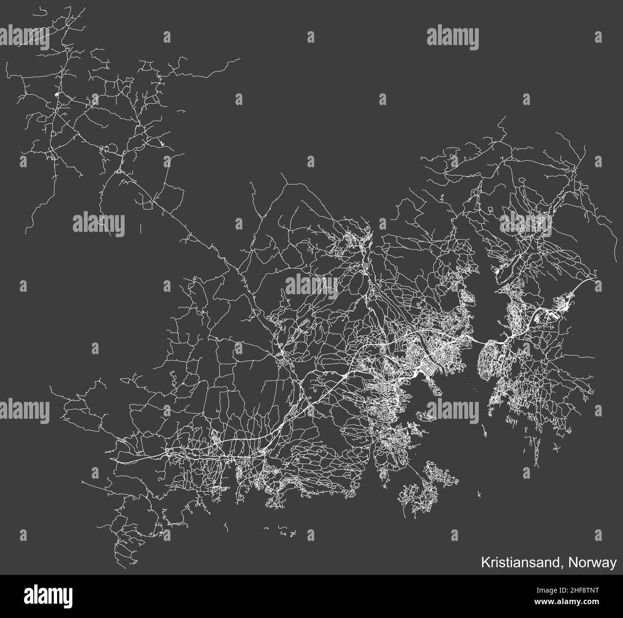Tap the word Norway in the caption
point(593,563)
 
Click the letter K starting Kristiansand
point(485,563)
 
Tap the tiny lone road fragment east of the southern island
point(480,495)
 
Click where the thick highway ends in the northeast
point(596,277)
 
